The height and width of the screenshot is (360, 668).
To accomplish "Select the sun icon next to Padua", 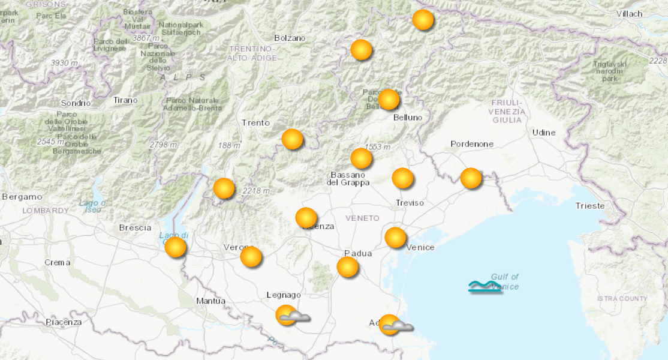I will tap(348, 266).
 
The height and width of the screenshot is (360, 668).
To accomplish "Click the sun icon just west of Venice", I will tap(395, 238).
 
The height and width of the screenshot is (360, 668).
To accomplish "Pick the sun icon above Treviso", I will tap(402, 178).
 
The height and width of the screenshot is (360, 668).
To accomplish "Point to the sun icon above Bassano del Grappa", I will tap(361, 158).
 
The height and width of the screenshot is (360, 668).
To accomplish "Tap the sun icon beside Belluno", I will tap(389, 99).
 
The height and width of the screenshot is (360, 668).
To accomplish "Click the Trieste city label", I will tap(589, 205).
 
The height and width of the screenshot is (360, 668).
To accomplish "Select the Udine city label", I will tap(544, 132).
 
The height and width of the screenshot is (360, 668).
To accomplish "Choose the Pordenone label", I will tap(472, 144).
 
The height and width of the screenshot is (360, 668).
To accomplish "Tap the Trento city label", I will tap(256, 123).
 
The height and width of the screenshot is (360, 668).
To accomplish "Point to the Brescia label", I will tap(135, 227).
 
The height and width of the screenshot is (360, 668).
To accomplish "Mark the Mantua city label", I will tap(210, 301).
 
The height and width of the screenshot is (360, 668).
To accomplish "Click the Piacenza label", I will tap(64, 322).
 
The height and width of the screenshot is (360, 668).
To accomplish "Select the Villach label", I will tap(629, 13).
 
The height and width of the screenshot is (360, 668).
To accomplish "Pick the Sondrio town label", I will tap(76, 103).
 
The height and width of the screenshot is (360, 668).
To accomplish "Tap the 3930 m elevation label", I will tap(64, 63).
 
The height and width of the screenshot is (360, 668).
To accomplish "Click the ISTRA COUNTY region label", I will tap(622, 299).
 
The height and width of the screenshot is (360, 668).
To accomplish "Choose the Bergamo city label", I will tap(22, 196).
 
